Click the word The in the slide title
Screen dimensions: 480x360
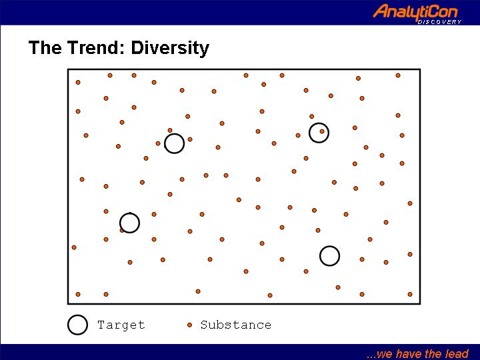[45, 48]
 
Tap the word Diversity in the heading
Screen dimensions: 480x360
[170, 49]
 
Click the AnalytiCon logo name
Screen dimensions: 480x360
[415, 12]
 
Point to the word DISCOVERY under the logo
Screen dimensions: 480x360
[439, 22]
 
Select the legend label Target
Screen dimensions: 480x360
[121, 325]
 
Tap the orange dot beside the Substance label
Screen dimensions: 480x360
[190, 325]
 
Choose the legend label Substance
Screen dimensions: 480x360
[236, 325]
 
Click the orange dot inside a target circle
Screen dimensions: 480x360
[322, 131]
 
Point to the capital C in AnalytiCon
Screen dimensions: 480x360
[433, 12]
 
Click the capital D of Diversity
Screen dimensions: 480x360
[137, 48]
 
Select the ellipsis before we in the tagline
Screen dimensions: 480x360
[371, 357]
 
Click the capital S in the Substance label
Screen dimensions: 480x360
[204, 325]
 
